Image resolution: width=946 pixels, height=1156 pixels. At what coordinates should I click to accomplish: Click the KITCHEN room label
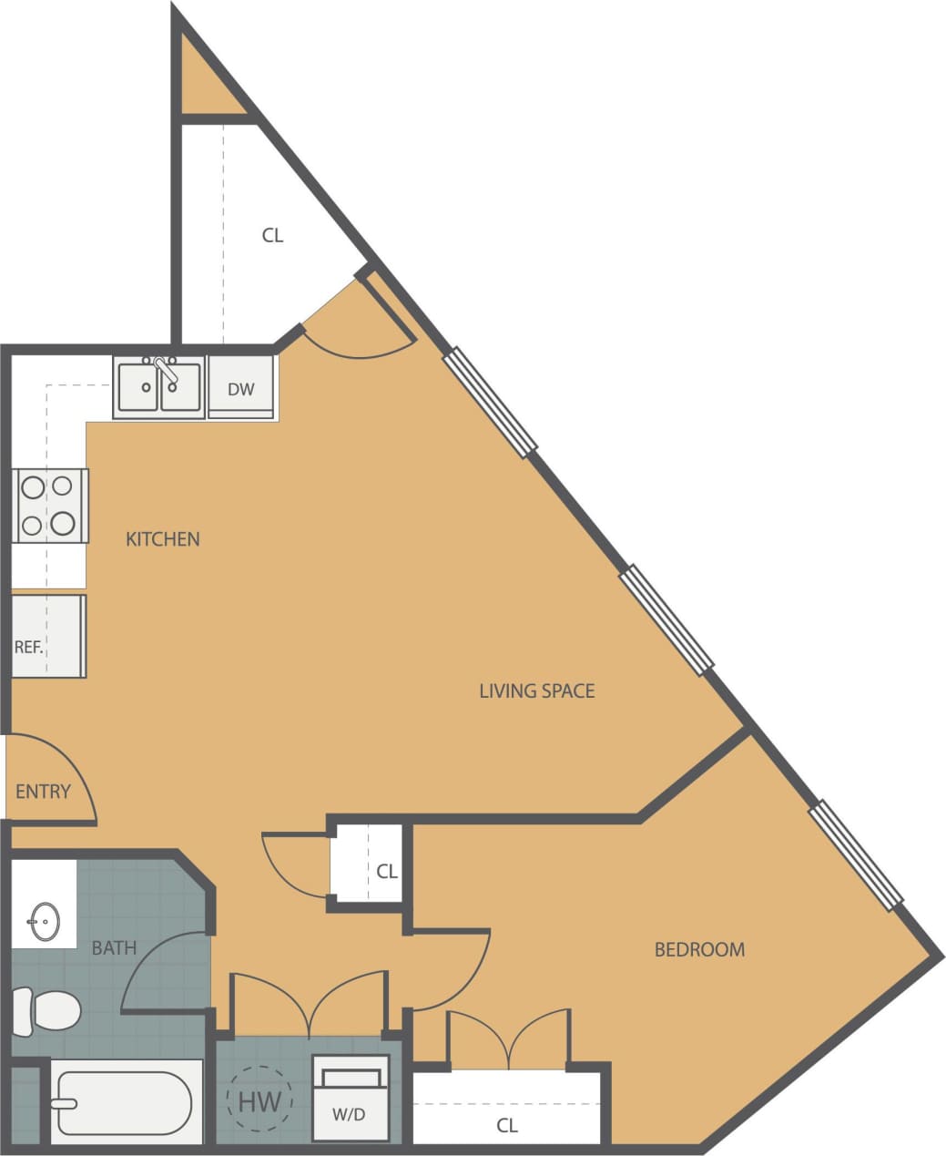[162, 538]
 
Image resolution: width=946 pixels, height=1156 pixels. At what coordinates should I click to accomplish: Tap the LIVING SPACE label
[536, 691]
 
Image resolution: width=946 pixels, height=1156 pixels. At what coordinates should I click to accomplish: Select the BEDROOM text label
[699, 949]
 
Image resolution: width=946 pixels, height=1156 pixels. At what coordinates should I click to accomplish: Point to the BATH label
[114, 947]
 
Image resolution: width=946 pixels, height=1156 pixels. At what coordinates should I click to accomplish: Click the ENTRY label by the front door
[43, 791]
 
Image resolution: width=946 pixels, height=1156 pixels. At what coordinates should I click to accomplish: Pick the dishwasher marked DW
[241, 389]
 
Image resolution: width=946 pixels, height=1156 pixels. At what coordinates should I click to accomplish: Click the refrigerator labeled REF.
[47, 636]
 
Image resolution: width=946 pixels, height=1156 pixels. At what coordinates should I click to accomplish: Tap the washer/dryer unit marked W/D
[351, 1099]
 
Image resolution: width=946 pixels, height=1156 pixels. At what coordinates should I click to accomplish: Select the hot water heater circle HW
[259, 1100]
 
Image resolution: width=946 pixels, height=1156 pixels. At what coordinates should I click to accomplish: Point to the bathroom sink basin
[43, 921]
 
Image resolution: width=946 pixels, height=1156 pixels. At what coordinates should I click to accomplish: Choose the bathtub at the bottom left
[125, 1102]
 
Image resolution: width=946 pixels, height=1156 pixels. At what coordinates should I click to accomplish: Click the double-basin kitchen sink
[158, 388]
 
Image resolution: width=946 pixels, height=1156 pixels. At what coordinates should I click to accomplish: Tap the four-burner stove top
[49, 506]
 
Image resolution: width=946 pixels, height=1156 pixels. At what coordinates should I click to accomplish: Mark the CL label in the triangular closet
[272, 235]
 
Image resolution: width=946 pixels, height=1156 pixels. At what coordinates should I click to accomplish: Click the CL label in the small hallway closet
[387, 871]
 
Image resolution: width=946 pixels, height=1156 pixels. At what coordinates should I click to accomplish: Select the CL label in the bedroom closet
[507, 1126]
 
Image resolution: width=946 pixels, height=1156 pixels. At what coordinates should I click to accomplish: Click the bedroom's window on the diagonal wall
[855, 854]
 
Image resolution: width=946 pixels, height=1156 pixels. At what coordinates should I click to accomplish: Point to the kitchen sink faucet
[165, 370]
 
